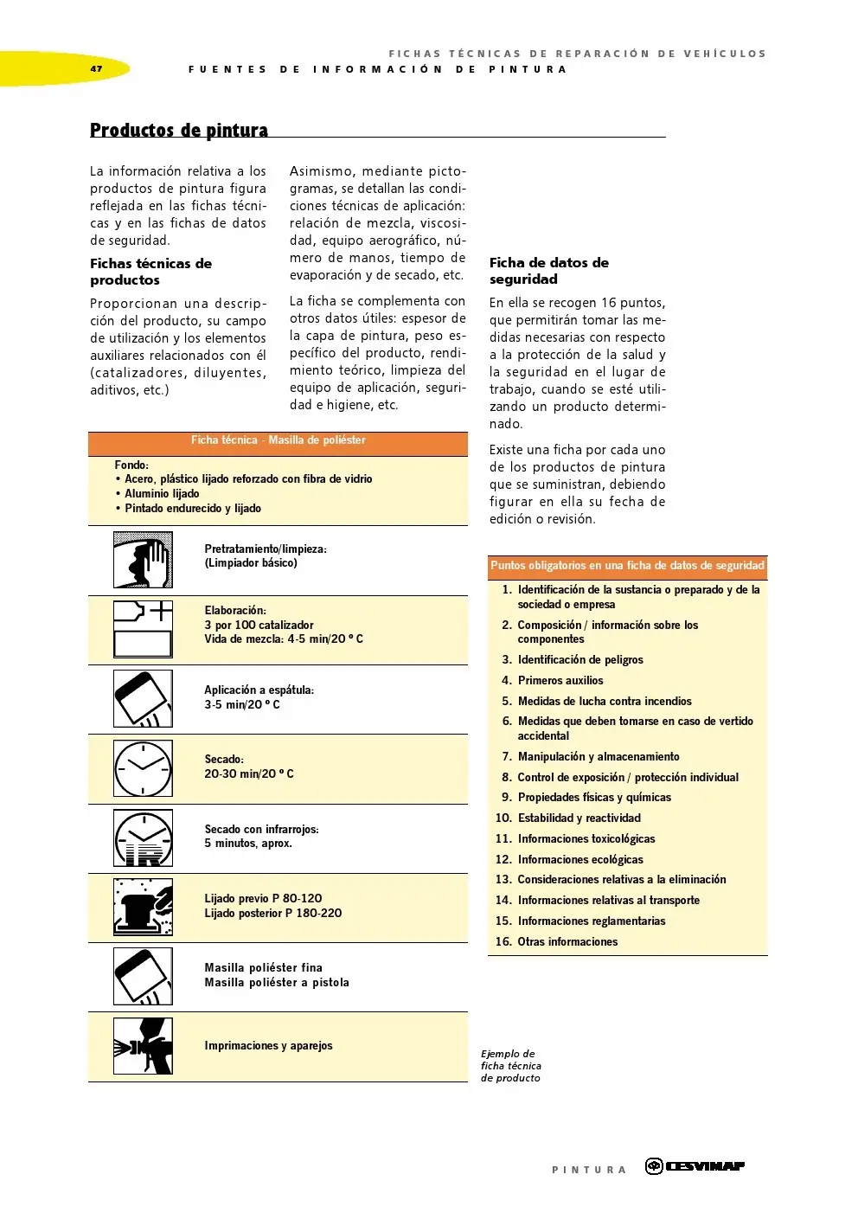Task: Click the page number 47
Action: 96,68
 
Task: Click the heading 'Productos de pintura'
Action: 179,131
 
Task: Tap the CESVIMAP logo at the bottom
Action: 695,1166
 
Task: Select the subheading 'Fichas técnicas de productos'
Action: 150,272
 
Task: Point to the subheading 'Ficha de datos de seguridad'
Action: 548,271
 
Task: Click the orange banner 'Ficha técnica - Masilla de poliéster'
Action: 278,440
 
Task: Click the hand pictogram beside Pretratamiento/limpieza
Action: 144,561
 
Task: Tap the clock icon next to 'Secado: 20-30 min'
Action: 144,768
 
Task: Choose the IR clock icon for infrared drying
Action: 144,838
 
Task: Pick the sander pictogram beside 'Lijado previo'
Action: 144,907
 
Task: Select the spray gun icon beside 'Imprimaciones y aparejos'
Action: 144,1046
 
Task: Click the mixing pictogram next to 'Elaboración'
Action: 144,629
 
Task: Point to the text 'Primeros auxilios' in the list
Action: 560,681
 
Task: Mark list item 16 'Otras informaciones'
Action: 567,942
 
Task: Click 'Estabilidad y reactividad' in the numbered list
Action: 579,818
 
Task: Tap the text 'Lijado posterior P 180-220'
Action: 273,914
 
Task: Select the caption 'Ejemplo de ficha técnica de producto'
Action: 510,1066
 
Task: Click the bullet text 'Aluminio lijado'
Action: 162,494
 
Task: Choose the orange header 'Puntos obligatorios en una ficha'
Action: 627,566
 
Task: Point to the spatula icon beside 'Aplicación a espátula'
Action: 144,699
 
